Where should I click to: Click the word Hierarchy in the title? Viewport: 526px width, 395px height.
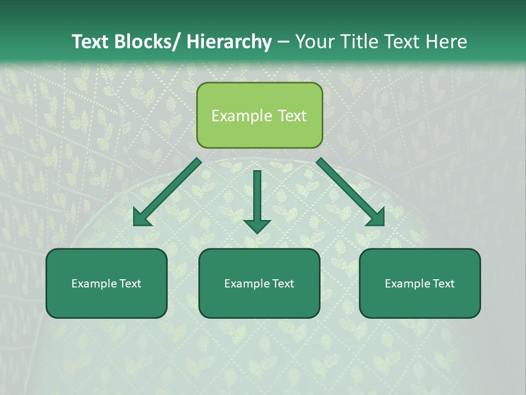click(x=229, y=42)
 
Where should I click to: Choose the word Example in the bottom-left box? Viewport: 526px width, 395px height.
click(x=93, y=284)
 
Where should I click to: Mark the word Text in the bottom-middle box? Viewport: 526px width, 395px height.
click(x=281, y=284)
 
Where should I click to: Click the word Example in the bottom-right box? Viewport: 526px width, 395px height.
click(x=407, y=284)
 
